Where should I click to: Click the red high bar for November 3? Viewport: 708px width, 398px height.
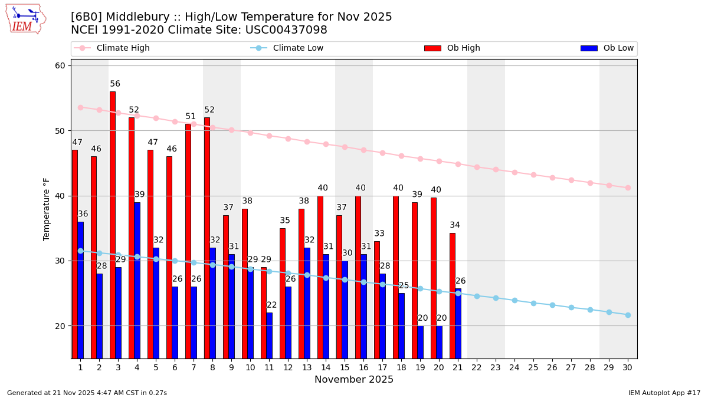coord(113,224)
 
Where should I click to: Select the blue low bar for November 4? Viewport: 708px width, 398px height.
coord(137,280)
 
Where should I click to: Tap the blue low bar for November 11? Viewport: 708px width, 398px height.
coord(270,335)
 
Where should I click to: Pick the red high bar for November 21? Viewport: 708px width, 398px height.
coord(453,295)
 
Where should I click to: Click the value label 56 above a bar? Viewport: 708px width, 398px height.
coord(115,84)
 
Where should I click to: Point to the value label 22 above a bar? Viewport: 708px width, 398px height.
coord(272,305)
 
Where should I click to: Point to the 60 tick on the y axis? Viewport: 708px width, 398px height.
coord(60,65)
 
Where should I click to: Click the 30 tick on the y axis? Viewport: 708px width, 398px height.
coord(60,261)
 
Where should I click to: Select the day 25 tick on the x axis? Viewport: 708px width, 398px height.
coord(533,367)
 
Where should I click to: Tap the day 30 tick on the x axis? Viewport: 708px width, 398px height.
coord(628,367)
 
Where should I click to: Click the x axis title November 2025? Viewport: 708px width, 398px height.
coord(354,380)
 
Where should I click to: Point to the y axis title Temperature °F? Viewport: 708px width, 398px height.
coord(47,209)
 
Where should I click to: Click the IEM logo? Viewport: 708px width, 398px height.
coord(25,19)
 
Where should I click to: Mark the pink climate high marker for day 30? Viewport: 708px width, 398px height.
coord(628,188)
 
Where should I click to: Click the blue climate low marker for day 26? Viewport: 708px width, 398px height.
coord(552,305)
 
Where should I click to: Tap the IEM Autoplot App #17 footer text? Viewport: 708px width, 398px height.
coord(664,393)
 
